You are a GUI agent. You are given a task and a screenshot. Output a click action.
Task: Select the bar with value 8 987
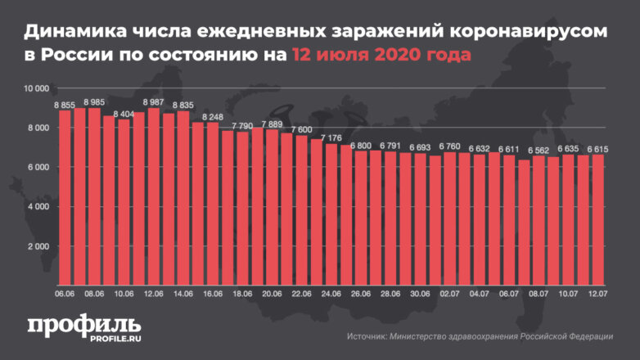click(x=154, y=196)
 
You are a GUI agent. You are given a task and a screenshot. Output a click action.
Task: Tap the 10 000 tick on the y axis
click(x=37, y=88)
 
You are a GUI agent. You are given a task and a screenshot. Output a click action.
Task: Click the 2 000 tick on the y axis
click(x=38, y=246)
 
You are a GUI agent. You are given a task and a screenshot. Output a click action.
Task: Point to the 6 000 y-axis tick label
click(x=38, y=167)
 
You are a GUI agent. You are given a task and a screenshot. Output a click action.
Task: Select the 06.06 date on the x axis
click(x=65, y=293)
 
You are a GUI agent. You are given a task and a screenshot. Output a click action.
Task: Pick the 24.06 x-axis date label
click(x=331, y=293)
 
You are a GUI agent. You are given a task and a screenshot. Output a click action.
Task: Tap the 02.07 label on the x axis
click(x=449, y=293)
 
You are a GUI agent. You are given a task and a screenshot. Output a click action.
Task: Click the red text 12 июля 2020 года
click(x=381, y=56)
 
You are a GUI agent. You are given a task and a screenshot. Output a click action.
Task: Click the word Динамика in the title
click(x=72, y=32)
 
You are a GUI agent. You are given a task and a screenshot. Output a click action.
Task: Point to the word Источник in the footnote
click(x=368, y=335)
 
